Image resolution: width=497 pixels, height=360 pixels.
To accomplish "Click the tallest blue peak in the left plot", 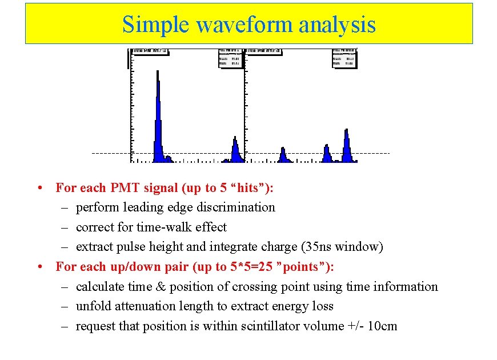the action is (x=158, y=114).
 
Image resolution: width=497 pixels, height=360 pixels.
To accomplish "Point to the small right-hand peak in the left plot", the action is (x=235, y=150).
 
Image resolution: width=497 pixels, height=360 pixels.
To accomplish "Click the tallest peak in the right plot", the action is (x=346, y=146).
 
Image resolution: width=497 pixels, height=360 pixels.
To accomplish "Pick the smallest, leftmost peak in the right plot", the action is (x=282, y=154).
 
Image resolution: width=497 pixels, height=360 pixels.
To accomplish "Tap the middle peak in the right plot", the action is (x=327, y=153).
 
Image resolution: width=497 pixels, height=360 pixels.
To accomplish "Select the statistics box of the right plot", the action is (x=344, y=58).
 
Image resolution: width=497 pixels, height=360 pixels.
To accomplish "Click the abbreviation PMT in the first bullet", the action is (x=125, y=187).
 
